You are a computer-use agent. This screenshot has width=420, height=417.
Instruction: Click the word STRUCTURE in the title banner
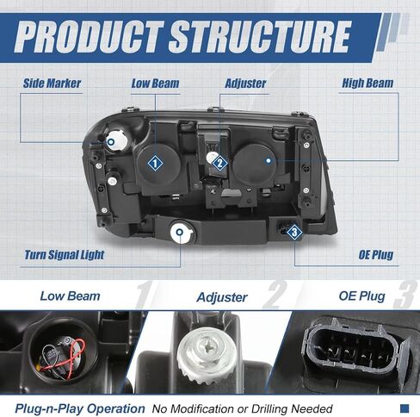click(260, 37)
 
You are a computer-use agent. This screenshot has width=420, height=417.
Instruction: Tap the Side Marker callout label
click(52, 84)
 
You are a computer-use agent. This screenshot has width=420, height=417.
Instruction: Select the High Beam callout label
click(367, 83)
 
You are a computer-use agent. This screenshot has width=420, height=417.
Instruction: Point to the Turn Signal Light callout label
click(65, 255)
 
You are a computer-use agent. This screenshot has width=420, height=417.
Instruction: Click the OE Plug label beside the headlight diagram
click(376, 254)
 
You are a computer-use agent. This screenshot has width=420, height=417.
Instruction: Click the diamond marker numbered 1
click(155, 164)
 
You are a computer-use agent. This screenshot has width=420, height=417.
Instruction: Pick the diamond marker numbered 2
click(220, 163)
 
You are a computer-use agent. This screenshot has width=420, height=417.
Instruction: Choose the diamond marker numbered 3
click(294, 232)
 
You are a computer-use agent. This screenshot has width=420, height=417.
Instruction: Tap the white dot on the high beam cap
click(269, 160)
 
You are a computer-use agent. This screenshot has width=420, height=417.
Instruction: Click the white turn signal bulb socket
click(181, 233)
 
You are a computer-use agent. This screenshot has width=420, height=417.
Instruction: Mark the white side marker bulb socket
click(115, 140)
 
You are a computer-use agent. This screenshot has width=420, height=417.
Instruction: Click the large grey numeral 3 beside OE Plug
click(405, 295)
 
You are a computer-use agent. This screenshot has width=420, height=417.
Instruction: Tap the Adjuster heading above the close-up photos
click(222, 297)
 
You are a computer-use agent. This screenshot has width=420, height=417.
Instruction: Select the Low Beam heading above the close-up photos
click(70, 296)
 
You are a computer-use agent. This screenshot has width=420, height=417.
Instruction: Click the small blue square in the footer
click(405, 408)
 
